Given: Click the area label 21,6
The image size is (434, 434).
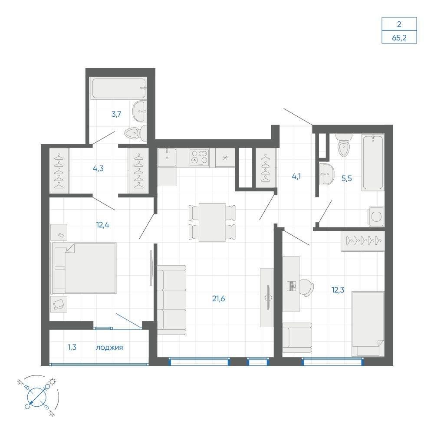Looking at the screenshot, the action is pos(218,299).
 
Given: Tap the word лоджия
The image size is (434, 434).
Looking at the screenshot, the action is pos(109,347).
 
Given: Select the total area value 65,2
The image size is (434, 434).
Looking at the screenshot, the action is pos(399,38).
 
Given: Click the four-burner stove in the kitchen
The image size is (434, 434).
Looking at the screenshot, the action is pos(199,158).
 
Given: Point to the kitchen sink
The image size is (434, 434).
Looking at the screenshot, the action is pos(167,158).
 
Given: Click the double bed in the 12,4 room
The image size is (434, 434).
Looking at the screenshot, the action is pos(84,268).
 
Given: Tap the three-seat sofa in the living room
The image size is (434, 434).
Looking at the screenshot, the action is pos(171,300).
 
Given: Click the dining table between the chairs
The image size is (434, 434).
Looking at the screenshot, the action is pos(212,222).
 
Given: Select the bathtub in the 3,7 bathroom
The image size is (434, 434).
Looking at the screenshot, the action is pos(119,88).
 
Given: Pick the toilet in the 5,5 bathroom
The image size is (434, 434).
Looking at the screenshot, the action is pos(344,145).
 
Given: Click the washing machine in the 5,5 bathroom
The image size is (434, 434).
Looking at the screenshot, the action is pos(376,217).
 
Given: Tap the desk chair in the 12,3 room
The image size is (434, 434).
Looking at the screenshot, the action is pos(307,287).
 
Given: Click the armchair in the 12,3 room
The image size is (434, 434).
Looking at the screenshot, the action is pos(297,338).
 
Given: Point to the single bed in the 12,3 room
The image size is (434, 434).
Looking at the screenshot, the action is pos(368,324).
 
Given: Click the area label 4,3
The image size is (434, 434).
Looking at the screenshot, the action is pos(98,168).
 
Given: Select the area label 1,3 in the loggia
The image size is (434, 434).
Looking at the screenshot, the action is pos(72,347).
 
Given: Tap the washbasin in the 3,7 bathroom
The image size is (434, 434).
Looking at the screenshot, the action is pos(140,112).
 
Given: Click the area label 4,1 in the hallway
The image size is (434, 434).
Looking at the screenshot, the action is pos(296,176).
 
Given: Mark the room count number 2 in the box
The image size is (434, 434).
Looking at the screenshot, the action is pos(399,24).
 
